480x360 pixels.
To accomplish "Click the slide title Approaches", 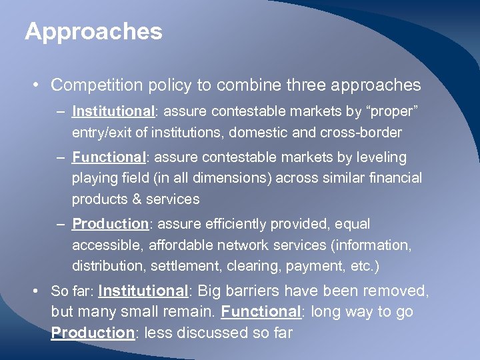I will click(93, 31).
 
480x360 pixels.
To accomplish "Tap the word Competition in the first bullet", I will click(90, 85).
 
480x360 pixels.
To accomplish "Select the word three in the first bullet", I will click(309, 85).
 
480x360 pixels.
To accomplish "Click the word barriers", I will click(257, 291).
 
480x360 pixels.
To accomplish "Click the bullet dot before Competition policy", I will click(35, 85).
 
